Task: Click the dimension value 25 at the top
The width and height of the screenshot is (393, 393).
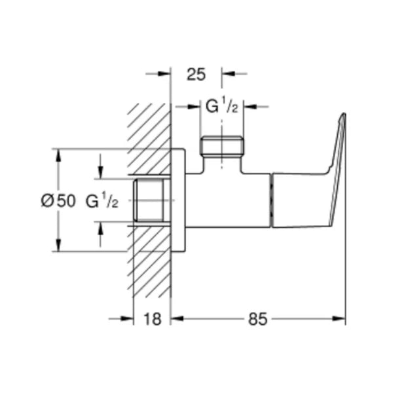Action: (x=196, y=74)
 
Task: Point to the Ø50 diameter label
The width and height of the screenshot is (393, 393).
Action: (x=58, y=202)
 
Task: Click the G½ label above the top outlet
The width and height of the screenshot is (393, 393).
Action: (x=221, y=106)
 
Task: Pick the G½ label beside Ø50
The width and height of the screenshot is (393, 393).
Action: (x=102, y=202)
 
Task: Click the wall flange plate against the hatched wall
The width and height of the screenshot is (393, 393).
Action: (x=178, y=200)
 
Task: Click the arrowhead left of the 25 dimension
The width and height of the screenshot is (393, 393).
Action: (x=164, y=74)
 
